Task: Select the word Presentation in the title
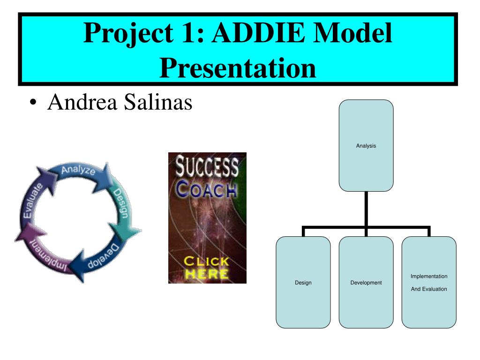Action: pos(238,67)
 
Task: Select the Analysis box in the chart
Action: pos(366,145)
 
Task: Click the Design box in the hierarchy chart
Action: pos(303,282)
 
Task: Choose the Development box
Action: pos(366,282)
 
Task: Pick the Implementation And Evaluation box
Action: pos(428,282)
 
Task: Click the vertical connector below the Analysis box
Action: pos(366,209)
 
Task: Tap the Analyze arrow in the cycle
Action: pos(79,172)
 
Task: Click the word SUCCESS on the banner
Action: pos(207,167)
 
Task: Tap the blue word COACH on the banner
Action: pos(207,190)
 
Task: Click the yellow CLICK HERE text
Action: pos(206,267)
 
